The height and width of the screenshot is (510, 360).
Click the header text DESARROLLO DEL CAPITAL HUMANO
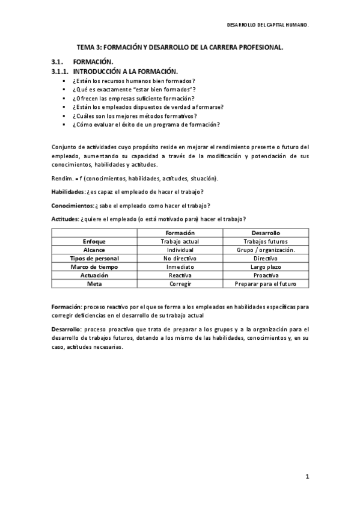click(268, 26)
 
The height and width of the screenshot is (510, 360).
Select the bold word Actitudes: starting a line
click(64, 218)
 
